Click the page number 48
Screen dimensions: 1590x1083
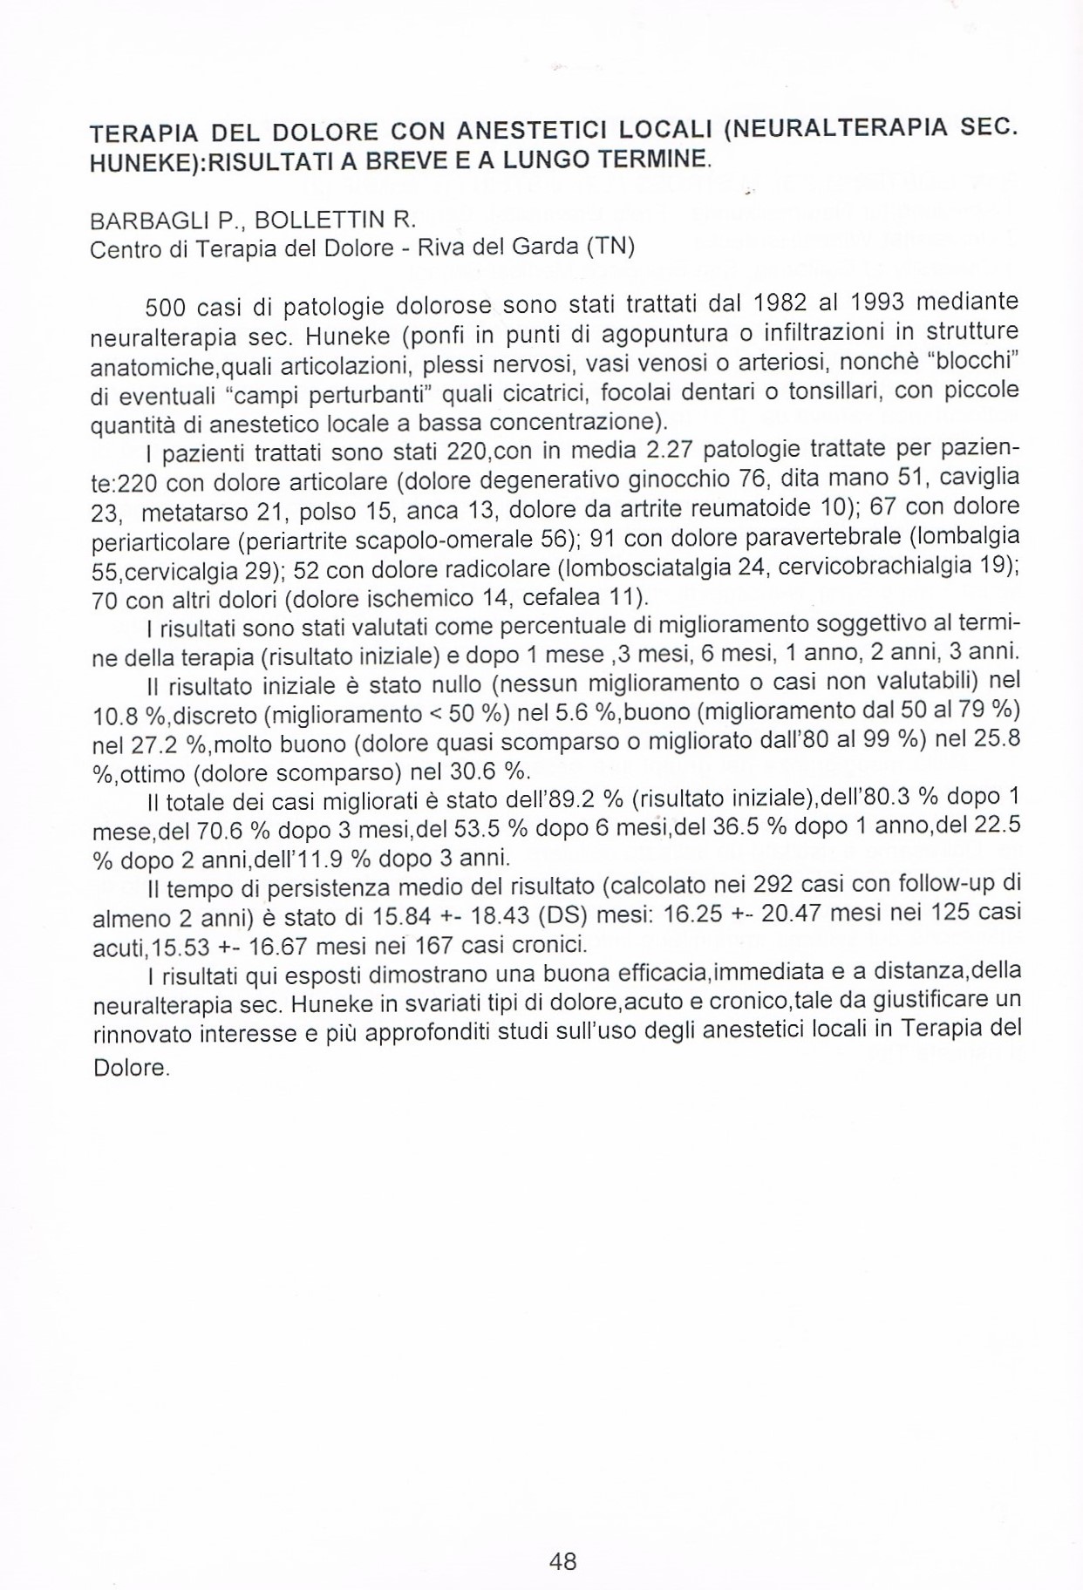pyautogui.click(x=563, y=1560)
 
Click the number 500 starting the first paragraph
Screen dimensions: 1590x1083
pyautogui.click(x=161, y=307)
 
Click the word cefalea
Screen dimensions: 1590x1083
pyautogui.click(x=563, y=598)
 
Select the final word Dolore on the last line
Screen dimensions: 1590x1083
pyautogui.click(x=129, y=1067)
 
